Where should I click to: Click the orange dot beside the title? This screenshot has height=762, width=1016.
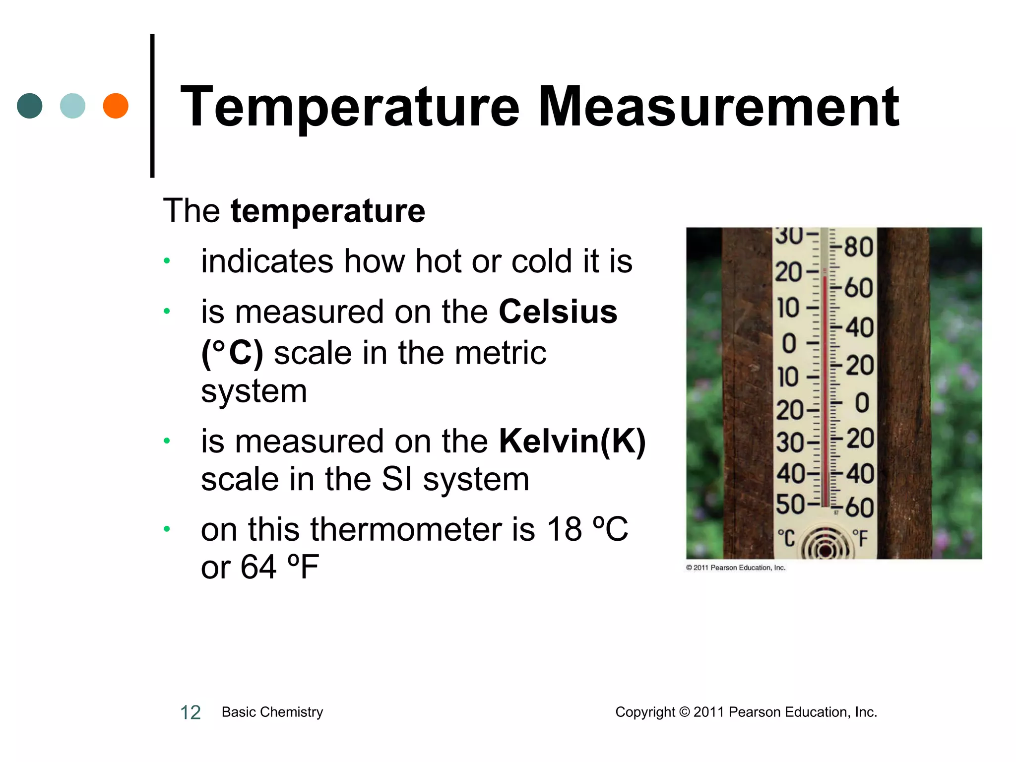pyautogui.click(x=116, y=106)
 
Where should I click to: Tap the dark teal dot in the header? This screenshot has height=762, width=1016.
pyautogui.click(x=30, y=106)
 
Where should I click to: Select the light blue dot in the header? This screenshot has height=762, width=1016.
pyautogui.click(x=72, y=106)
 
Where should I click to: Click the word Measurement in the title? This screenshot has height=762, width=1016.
pyautogui.click(x=718, y=107)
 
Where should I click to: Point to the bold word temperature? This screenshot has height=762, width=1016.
pyautogui.click(x=328, y=211)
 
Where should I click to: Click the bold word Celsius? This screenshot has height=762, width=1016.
pyautogui.click(x=558, y=312)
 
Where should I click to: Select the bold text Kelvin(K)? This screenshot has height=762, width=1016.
pyautogui.click(x=572, y=441)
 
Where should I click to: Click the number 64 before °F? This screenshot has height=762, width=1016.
pyautogui.click(x=258, y=567)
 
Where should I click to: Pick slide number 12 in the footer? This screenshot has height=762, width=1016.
pyautogui.click(x=190, y=712)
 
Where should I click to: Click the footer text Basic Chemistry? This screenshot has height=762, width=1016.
pyautogui.click(x=272, y=712)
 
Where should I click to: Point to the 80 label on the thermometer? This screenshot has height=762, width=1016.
pyautogui.click(x=859, y=247)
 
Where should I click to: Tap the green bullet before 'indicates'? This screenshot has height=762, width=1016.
pyautogui.click(x=167, y=261)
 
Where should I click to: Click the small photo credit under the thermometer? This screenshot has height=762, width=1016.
pyautogui.click(x=736, y=568)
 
